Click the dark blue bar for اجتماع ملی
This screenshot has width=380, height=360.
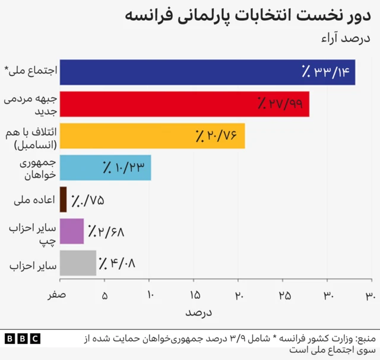coord(178,72)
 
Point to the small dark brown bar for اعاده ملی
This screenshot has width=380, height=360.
coord(63,200)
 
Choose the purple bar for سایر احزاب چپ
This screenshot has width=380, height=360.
coord(72,231)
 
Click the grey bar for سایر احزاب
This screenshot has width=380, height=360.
coord(78,263)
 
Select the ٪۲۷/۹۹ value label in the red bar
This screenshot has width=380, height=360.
coord(280,104)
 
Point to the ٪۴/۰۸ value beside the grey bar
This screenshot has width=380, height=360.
coord(117,263)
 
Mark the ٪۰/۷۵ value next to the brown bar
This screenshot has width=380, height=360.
coord(87,200)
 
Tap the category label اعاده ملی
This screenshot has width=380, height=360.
coord(34,200)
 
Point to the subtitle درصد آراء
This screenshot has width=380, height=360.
coord(350,39)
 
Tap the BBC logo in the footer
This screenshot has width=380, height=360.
coord(22,339)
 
